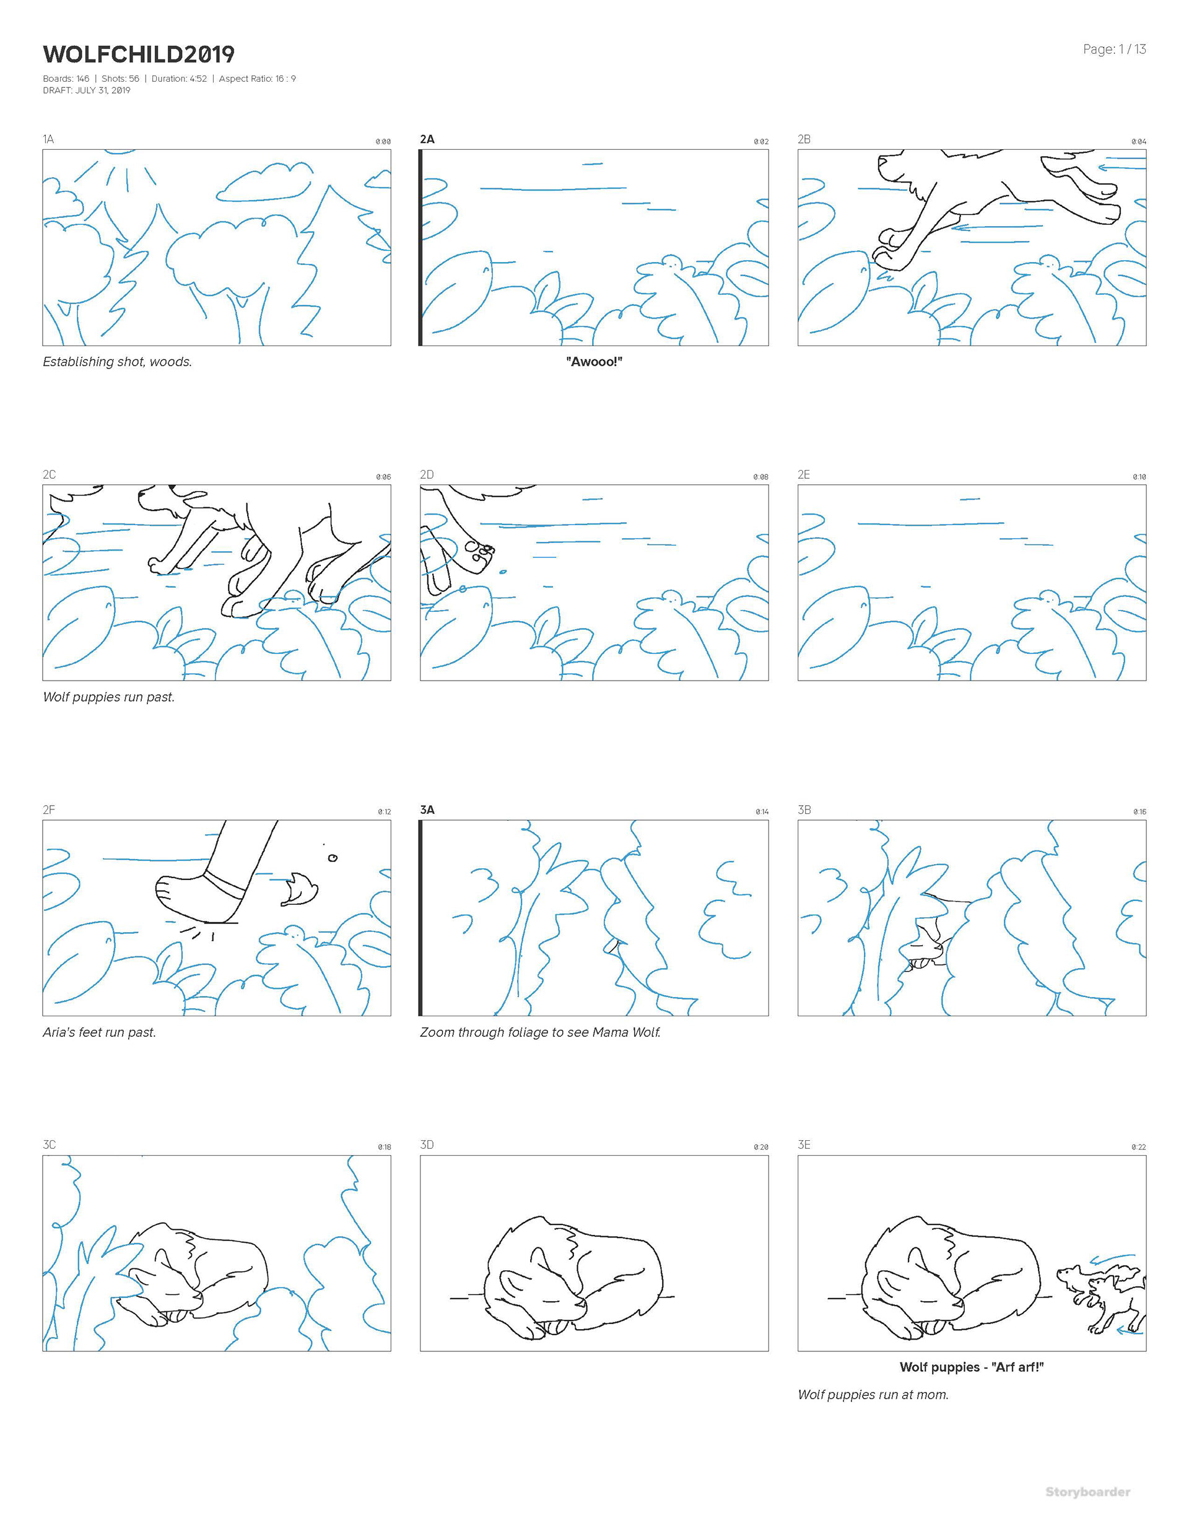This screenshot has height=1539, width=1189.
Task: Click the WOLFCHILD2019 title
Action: pos(139,54)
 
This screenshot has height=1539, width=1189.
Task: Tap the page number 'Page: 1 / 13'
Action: pos(1114,50)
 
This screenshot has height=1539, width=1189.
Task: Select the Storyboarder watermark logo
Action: pos(1087,1492)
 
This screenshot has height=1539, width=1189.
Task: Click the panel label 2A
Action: pos(427,139)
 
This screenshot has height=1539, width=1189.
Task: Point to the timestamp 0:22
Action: pos(1139,1147)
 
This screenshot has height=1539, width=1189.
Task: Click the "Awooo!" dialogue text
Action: pos(594,362)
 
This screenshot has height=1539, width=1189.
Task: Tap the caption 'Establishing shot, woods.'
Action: pos(118,362)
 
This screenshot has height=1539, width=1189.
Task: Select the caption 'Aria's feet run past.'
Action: pos(99,1032)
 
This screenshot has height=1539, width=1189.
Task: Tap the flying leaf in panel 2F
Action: pos(300,889)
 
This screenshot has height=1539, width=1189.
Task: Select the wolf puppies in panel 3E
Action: pos(1101,1297)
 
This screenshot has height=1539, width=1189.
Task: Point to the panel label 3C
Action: pos(50,1144)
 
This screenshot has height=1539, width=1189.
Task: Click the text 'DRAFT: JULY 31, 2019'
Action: pos(87,90)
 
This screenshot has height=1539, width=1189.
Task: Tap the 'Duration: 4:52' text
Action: pos(179,78)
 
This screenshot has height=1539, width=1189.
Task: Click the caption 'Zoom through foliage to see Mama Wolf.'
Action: pos(541,1032)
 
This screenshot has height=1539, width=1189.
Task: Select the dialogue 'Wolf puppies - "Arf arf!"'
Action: pos(971,1367)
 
